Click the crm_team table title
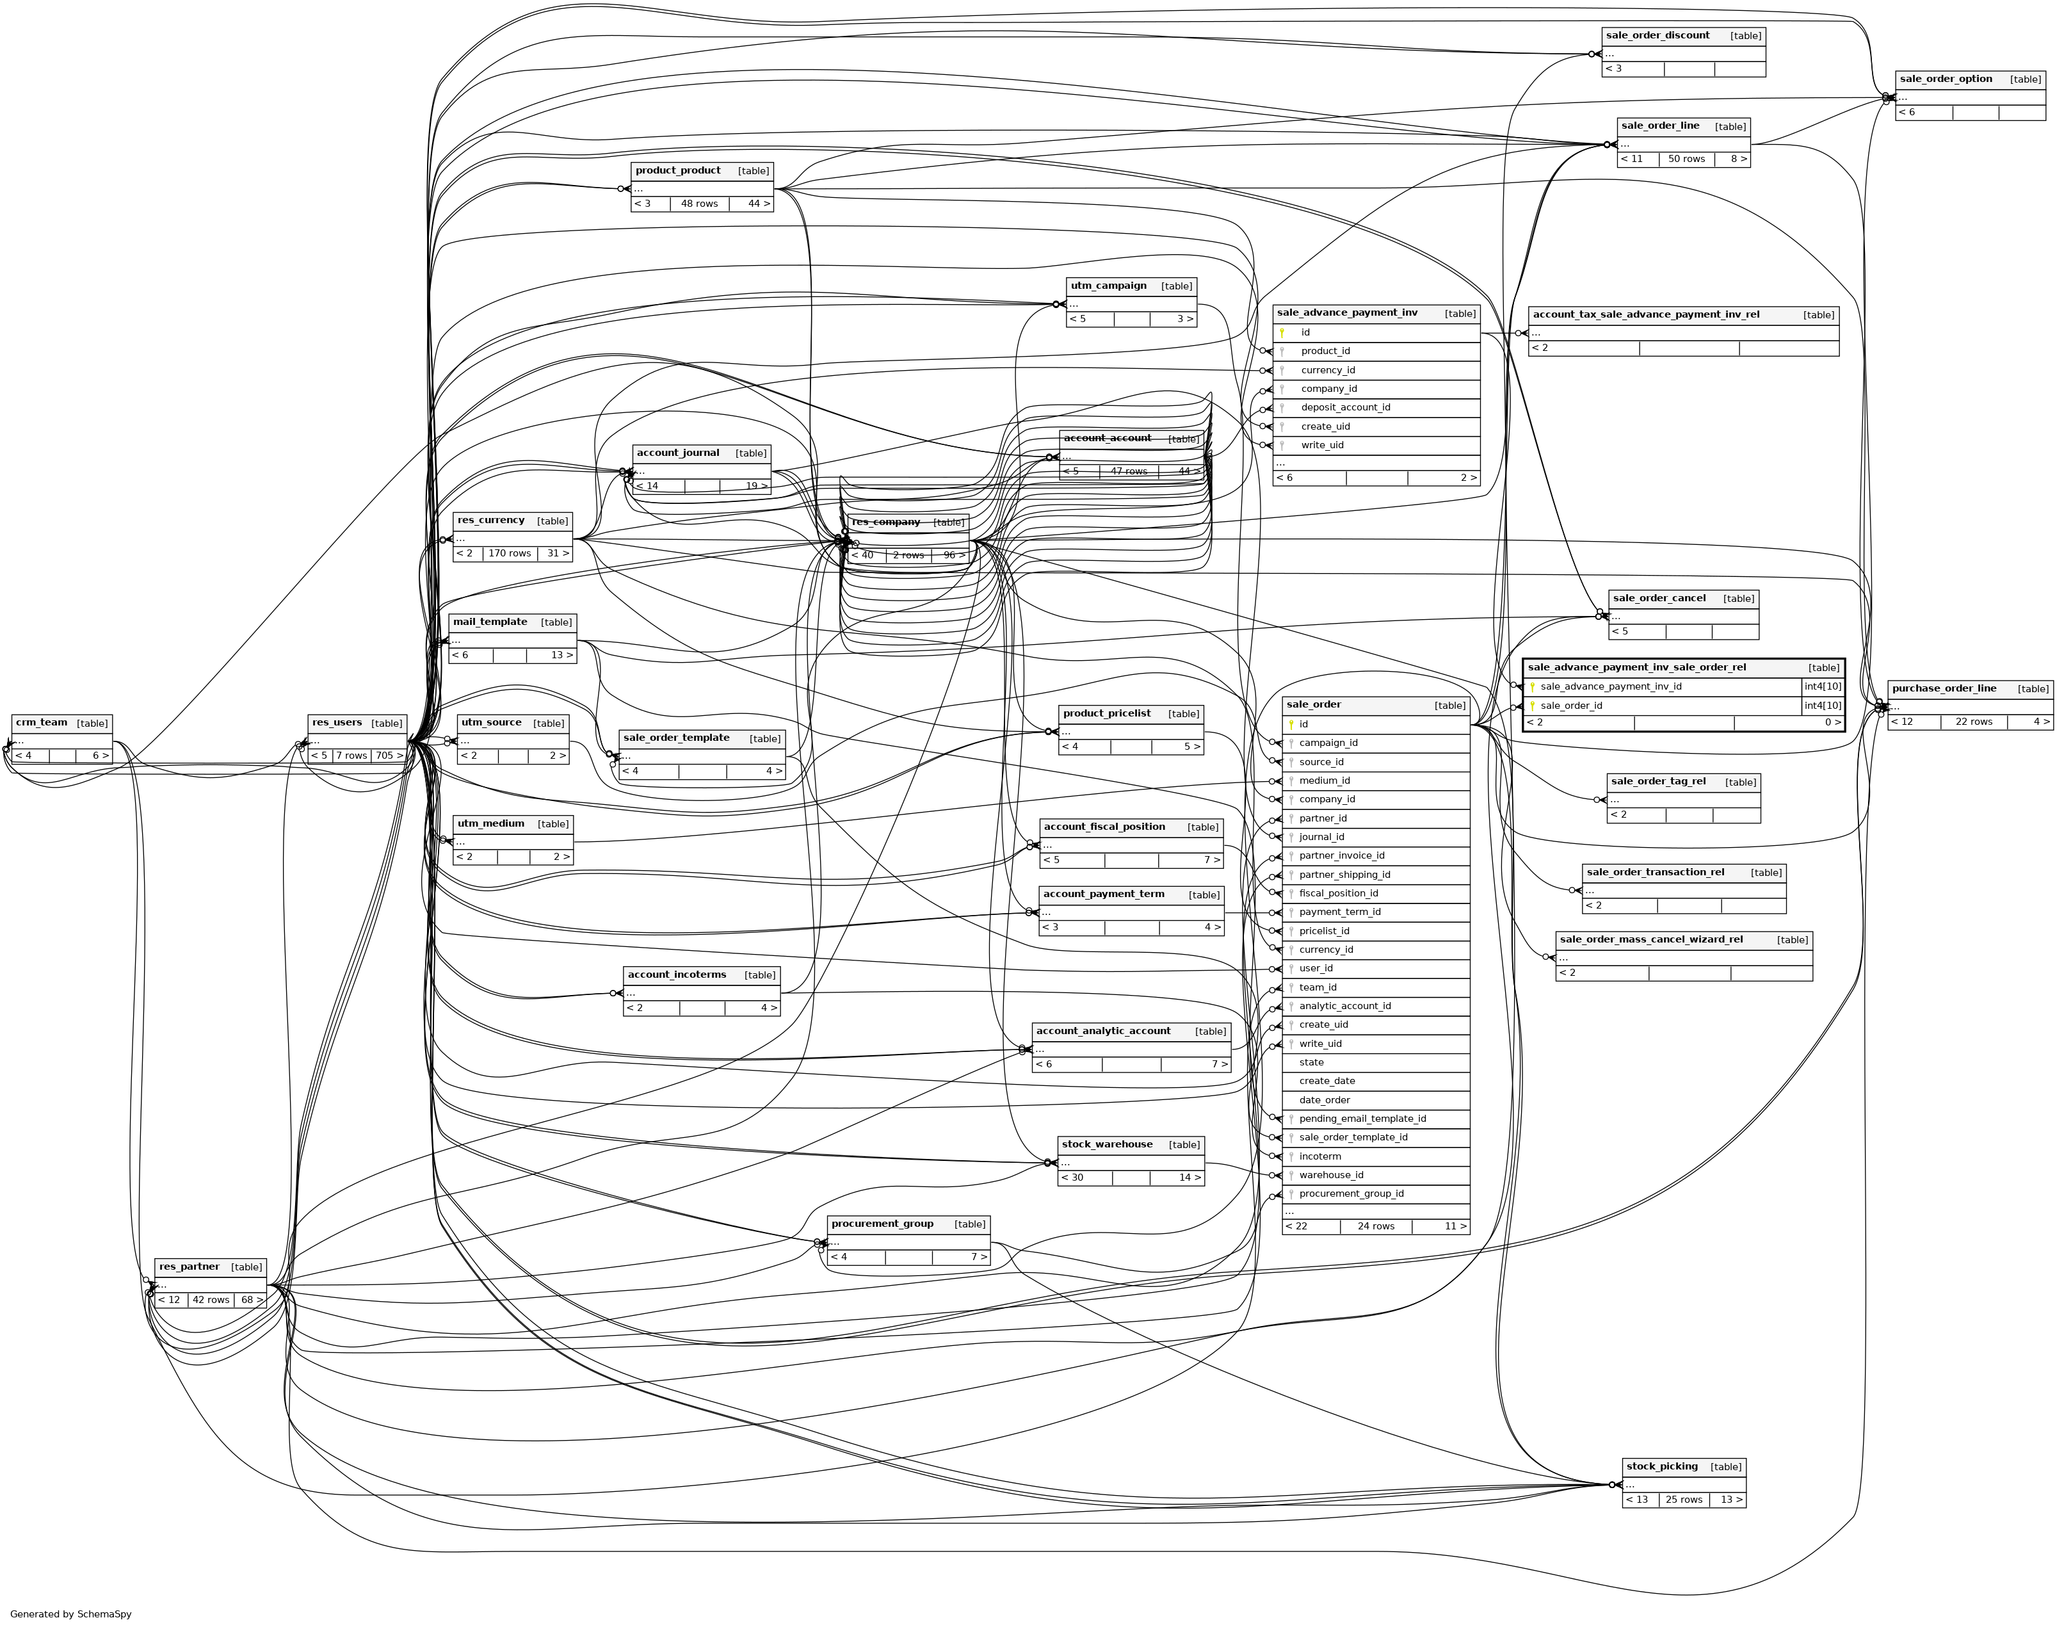tap(42, 722)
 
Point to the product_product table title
tap(677, 170)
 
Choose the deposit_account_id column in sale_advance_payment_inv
tap(1345, 408)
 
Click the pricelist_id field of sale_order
tap(1324, 930)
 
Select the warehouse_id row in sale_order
tap(1330, 1174)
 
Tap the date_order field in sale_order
tap(1324, 1100)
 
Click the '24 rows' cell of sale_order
tap(1375, 1226)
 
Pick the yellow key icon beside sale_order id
tap(1291, 725)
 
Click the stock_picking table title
tap(1661, 1466)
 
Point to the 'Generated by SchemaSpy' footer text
tap(70, 1614)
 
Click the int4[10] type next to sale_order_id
tap(1822, 706)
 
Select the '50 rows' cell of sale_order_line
tap(1686, 159)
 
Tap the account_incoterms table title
tap(676, 975)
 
